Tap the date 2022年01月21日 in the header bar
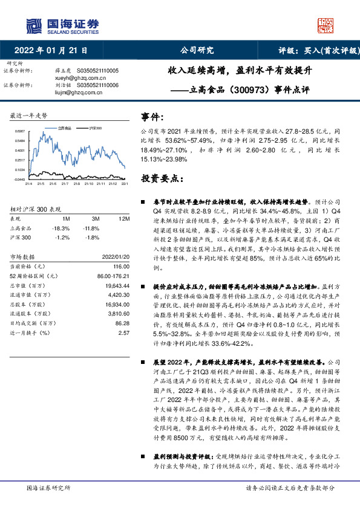tap(54, 50)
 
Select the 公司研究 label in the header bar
tap(197, 50)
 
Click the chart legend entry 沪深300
tap(96, 128)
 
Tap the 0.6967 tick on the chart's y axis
tap(19, 131)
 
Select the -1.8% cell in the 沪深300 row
tap(93, 237)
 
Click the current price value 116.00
tap(121, 265)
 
